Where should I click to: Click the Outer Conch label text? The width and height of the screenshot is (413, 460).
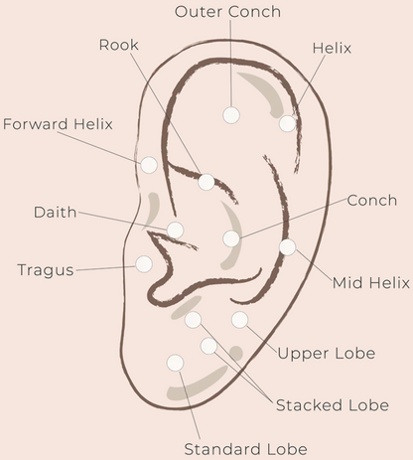pos(227,12)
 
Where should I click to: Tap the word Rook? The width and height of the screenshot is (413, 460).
pos(119,45)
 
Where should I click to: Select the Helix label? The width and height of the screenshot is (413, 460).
pos(332,48)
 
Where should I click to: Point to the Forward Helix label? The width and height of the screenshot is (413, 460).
pos(58,124)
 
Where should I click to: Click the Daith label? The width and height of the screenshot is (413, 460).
pos(56,212)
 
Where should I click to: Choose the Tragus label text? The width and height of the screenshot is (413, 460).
pos(46,270)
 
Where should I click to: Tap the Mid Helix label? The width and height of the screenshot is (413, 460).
pos(371,283)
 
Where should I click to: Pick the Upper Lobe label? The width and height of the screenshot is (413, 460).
pos(327,354)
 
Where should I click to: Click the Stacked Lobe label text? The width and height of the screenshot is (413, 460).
pos(333,405)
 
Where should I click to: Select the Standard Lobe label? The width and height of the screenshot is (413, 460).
pos(245,449)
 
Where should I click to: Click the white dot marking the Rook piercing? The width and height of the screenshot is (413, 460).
pos(206,182)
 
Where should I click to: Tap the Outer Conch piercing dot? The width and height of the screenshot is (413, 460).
pos(231,115)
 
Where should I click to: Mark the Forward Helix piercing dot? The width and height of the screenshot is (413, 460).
pos(149,165)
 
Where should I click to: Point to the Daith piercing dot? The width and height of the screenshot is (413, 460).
pos(175,230)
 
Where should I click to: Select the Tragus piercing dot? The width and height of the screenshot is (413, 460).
pos(144,264)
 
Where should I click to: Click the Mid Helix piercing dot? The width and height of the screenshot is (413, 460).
pos(287,247)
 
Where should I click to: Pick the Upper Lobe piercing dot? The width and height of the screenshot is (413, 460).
pos(239,320)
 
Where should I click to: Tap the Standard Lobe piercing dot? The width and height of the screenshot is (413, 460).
pos(175,363)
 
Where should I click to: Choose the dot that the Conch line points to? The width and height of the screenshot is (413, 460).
pos(231,238)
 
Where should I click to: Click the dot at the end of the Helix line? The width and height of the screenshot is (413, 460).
pos(287,123)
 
